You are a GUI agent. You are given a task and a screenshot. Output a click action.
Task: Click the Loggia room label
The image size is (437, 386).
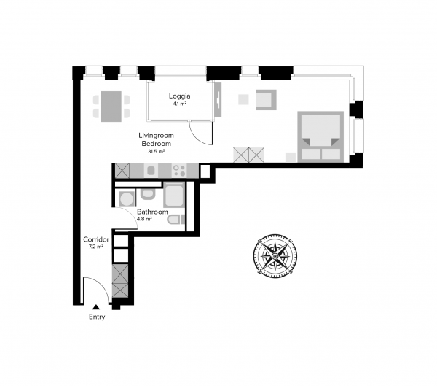click(179, 96)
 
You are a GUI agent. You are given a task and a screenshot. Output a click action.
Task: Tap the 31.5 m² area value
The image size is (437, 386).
click(156, 152)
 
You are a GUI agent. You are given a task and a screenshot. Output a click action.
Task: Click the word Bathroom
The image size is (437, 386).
click(152, 212)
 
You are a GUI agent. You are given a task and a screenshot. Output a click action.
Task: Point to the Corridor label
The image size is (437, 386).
click(96, 239)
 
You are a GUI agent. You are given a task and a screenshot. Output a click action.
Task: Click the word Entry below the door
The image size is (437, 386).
click(97, 317)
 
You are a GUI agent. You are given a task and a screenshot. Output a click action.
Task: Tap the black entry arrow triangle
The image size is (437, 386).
click(96, 307)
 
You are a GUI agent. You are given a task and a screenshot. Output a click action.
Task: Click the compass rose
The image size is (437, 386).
click(275, 256)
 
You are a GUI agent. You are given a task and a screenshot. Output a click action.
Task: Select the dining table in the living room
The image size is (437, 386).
click(111, 107)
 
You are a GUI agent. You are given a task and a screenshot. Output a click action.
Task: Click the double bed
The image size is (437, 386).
click(320, 136)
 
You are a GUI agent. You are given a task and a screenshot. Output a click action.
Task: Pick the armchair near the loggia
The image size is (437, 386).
click(266, 100)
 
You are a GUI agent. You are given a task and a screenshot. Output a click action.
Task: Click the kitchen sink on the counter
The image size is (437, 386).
click(151, 170)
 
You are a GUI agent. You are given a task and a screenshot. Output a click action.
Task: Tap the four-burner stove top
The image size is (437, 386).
click(179, 170)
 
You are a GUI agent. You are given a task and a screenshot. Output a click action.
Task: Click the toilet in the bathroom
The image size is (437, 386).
click(176, 220)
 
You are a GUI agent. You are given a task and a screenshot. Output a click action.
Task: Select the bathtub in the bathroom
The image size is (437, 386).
click(174, 195)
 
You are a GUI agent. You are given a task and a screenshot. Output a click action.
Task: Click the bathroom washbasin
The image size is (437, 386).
click(148, 194)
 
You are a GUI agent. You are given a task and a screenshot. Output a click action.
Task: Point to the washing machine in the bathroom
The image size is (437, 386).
click(127, 199)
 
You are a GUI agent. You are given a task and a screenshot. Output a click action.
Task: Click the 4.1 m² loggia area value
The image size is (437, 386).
click(179, 104)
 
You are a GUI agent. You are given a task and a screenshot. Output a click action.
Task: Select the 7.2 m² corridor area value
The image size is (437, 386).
click(96, 247)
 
